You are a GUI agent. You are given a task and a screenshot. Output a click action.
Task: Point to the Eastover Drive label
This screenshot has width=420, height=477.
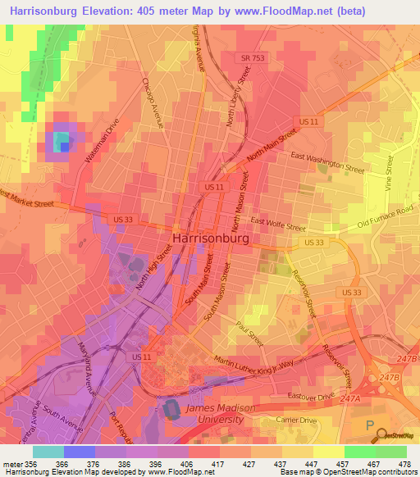[x=313, y=396]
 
